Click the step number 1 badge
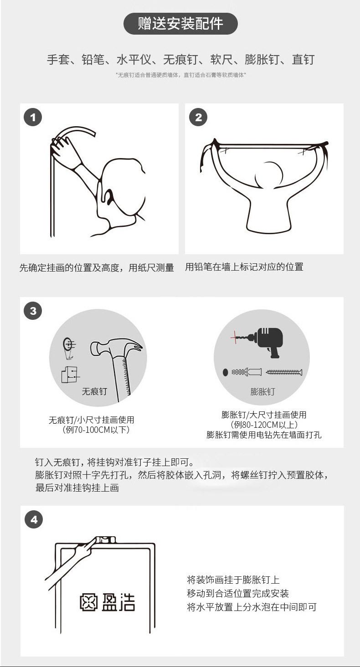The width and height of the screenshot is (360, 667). (x=33, y=117)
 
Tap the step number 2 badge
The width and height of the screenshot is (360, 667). (x=198, y=117)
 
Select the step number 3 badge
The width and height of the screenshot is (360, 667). (x=33, y=311)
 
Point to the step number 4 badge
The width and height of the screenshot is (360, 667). (x=34, y=519)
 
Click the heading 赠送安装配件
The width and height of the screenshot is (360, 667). (x=180, y=24)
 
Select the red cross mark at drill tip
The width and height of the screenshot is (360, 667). (x=235, y=337)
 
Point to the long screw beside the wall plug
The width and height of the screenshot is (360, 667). (x=284, y=372)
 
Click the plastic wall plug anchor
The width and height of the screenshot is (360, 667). (x=247, y=372)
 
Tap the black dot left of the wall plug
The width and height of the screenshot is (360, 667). (x=226, y=372)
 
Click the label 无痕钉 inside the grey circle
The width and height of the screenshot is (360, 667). (x=94, y=391)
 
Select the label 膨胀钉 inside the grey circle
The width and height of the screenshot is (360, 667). (x=262, y=391)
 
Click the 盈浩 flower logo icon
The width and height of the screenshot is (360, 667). (x=89, y=602)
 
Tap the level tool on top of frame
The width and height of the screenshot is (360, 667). (x=105, y=540)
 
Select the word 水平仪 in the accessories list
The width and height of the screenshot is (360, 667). (x=134, y=60)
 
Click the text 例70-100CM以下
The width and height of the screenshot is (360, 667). (x=96, y=430)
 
